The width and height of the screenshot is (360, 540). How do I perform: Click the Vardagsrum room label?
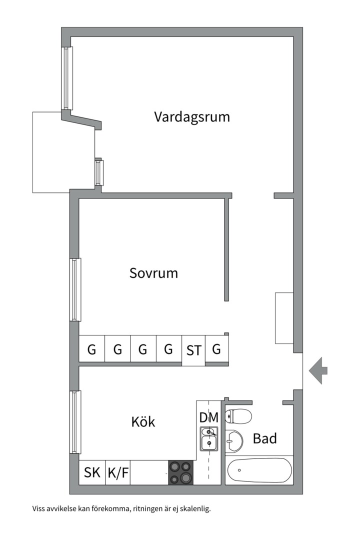coord(192,117)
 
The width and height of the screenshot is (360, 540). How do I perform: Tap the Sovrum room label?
coord(153,273)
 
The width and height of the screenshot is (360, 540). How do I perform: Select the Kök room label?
coord(143,421)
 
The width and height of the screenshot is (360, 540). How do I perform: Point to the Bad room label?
coord(264,438)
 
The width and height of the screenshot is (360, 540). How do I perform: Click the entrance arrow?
coord(318,370)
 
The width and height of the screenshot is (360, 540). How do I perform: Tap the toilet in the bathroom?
coord(238,415)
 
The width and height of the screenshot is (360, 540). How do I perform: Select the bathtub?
coord(259,470)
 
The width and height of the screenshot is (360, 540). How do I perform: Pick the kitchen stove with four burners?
coord(180,472)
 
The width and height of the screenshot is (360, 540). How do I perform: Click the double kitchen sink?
coord(208,438)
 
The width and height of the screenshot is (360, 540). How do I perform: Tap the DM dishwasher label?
coord(208,417)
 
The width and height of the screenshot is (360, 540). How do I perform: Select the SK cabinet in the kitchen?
coord(92,472)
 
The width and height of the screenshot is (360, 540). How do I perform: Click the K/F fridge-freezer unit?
coord(118,472)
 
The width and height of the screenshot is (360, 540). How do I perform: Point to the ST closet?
coord(193,350)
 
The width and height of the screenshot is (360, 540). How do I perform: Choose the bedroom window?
coord(76,289)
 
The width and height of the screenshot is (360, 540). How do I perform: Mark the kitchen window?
coord(76,421)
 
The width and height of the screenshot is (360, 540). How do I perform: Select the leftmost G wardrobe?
coord(92,348)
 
